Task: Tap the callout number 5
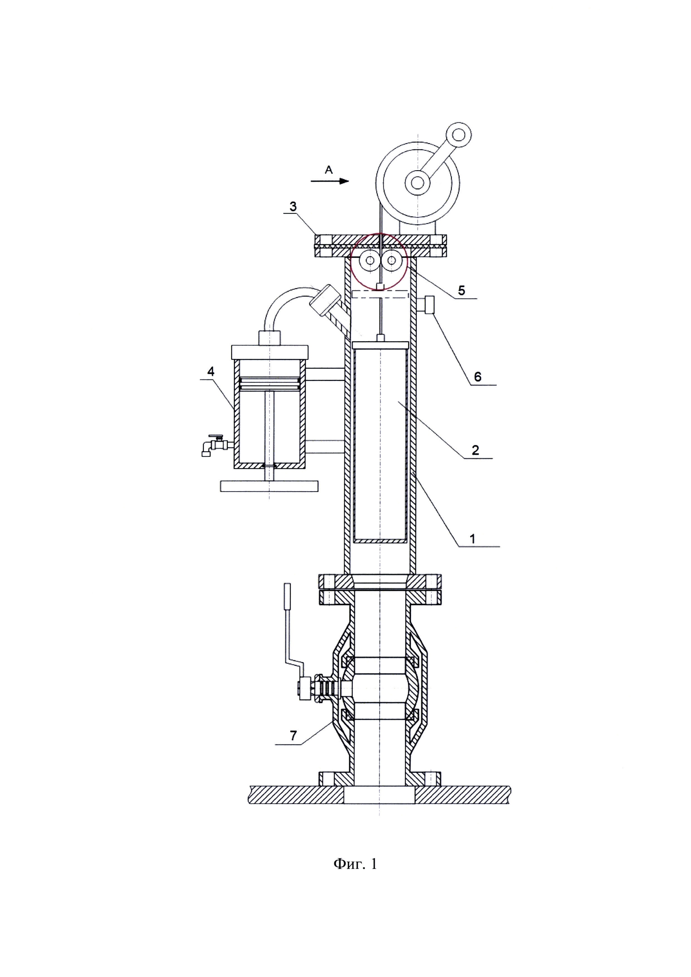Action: click(x=461, y=291)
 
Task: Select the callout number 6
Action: click(x=477, y=377)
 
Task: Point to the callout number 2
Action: click(x=475, y=450)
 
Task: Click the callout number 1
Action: click(x=472, y=539)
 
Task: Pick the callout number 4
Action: click(x=211, y=371)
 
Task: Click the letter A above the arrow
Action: click(x=329, y=170)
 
